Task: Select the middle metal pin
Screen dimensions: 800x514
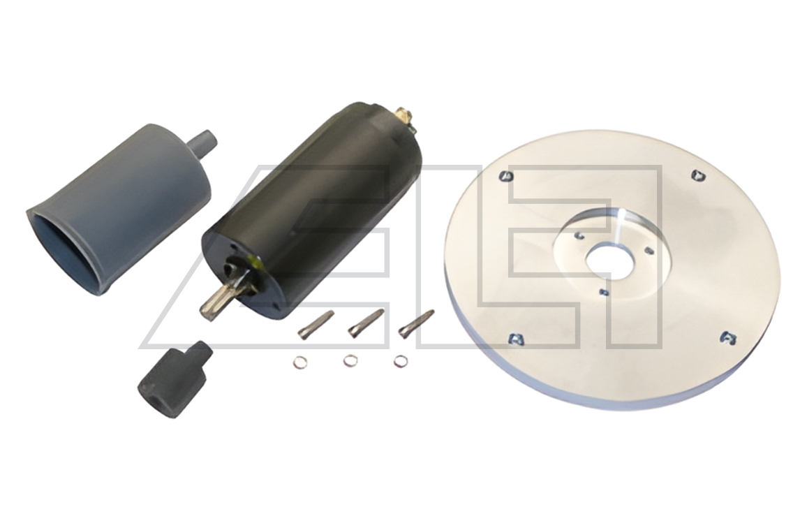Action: pyautogui.click(x=366, y=323)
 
